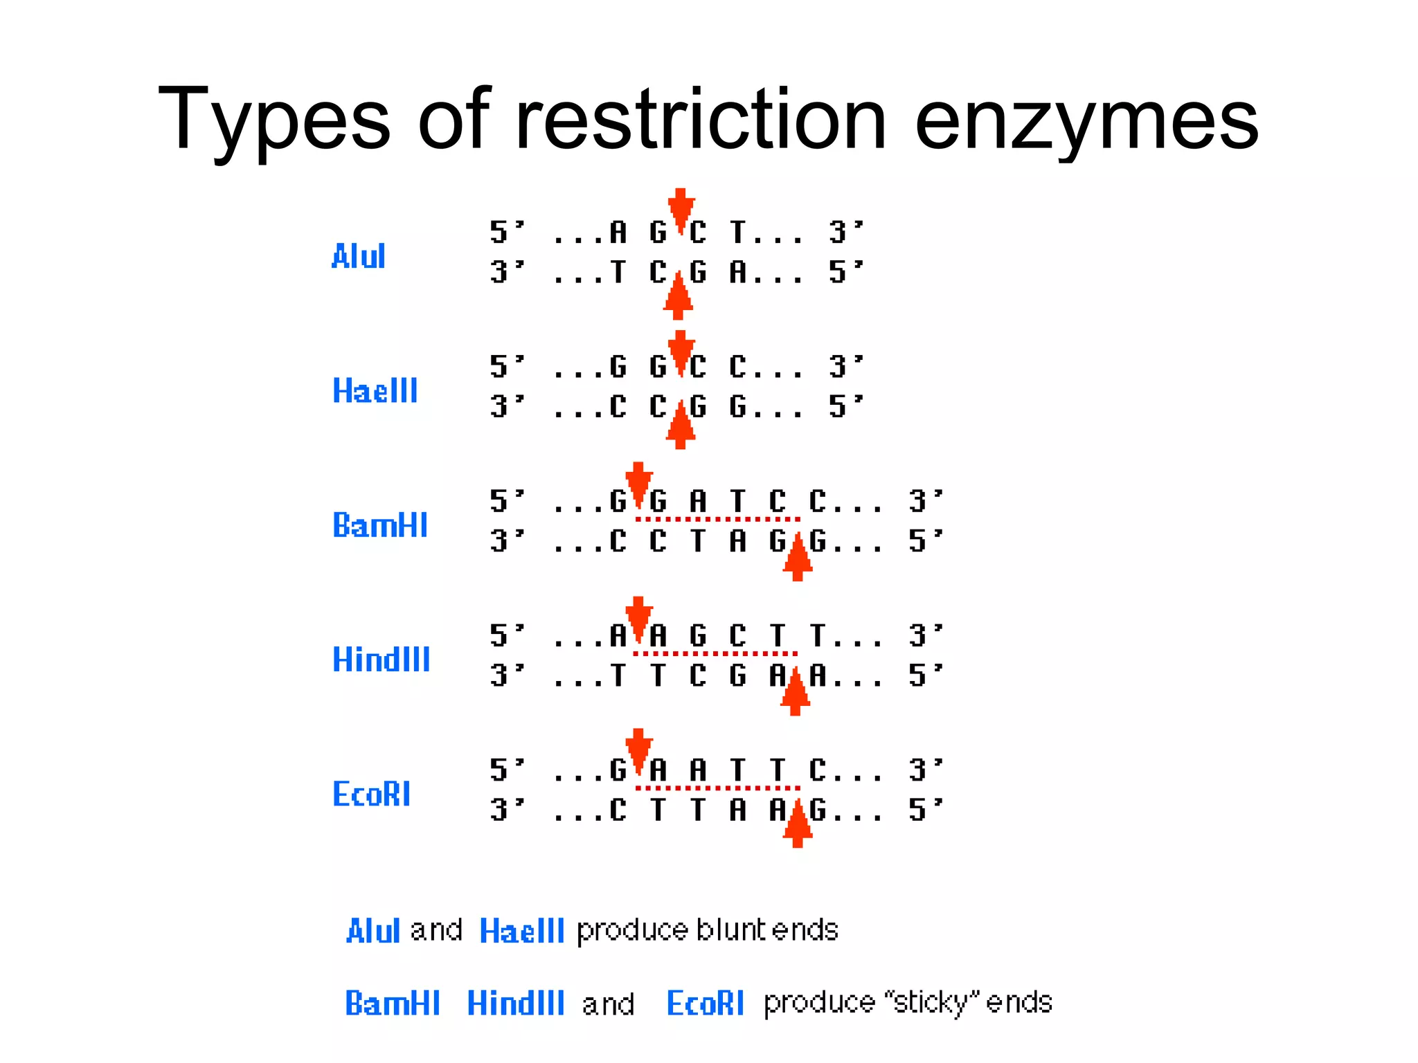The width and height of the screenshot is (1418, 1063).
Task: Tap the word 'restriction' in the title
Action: pos(700,119)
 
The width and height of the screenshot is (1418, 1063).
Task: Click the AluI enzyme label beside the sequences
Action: pos(358,256)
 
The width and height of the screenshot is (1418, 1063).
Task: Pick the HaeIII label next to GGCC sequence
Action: pos(375,391)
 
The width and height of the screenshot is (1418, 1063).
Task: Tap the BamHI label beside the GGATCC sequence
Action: pos(380,525)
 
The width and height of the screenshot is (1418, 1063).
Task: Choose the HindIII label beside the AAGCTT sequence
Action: pos(381,659)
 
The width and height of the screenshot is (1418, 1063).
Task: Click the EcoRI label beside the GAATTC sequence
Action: pos(371,793)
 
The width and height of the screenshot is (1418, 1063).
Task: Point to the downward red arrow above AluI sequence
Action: pos(681,209)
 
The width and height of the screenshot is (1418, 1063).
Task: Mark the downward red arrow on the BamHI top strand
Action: pos(638,482)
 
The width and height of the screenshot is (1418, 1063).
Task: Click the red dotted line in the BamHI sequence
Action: pos(718,519)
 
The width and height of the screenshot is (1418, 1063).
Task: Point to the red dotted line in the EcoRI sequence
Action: pos(718,788)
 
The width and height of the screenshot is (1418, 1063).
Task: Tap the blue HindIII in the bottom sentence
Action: pos(516,1003)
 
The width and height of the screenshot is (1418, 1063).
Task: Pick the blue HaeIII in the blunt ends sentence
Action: pos(522,931)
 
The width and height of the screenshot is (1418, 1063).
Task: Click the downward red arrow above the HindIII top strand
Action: pos(638,617)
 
